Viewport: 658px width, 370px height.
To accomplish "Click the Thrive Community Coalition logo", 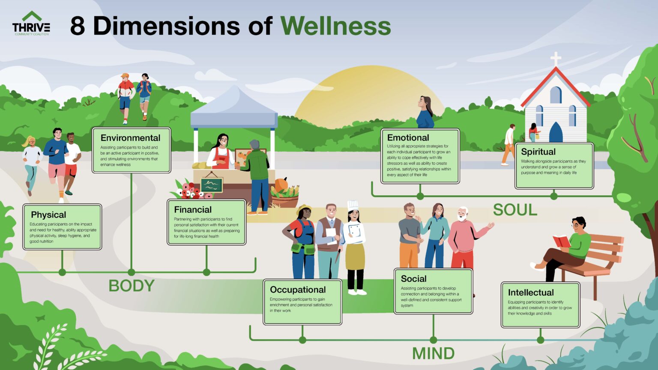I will (x=31, y=24).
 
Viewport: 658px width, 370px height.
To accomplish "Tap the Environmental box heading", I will (x=130, y=138).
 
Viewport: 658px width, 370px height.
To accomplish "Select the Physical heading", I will (x=48, y=215).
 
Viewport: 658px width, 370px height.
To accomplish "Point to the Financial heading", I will (x=193, y=209).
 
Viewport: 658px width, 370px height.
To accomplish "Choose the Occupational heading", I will (x=298, y=289).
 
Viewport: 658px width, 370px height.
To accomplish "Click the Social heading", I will (x=413, y=278).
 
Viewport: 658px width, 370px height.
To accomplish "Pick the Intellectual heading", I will (x=531, y=292).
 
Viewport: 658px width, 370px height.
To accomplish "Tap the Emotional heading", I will (x=408, y=137).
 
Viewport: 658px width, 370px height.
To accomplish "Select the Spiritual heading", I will (x=538, y=152).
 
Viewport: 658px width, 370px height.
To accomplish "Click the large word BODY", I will (x=131, y=286).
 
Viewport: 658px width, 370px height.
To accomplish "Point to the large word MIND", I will (x=433, y=354).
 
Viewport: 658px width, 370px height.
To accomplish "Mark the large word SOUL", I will (x=515, y=210).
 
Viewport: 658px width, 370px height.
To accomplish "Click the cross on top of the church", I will (x=556, y=59).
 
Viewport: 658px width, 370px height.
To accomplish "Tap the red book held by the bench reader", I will (x=561, y=242).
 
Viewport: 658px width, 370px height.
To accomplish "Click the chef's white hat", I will (x=353, y=206).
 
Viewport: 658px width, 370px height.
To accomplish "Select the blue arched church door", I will (x=556, y=133).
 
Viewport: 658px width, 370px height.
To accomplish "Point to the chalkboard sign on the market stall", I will (x=212, y=185).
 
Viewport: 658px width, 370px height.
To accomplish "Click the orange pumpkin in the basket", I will (x=281, y=185).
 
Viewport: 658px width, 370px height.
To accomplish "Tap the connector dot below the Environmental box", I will (x=132, y=272).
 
